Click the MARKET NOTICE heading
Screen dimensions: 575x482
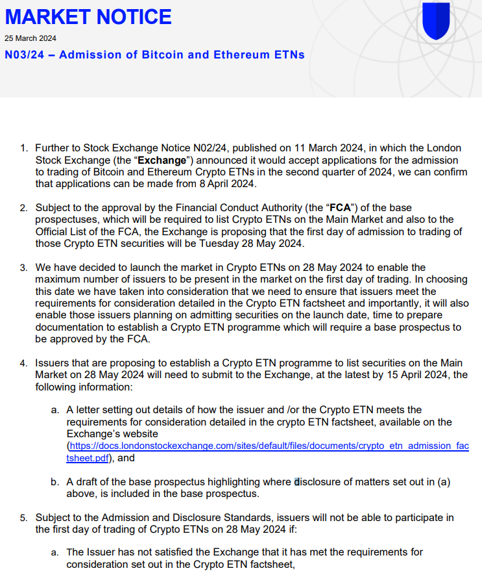[88, 17]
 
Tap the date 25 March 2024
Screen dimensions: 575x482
[30, 38]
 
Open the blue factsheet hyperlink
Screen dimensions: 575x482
[268, 446]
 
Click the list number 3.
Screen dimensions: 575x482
[23, 267]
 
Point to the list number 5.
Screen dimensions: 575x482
[23, 517]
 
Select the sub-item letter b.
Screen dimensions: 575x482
[54, 481]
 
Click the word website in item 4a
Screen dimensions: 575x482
[138, 433]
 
